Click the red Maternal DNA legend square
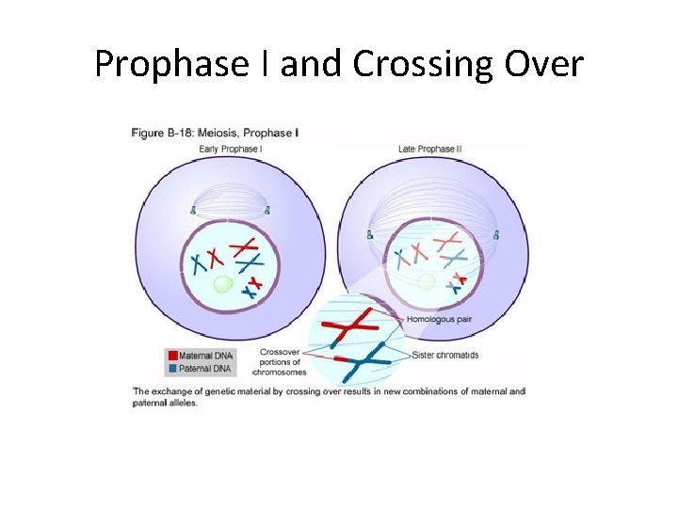pyautogui.click(x=171, y=355)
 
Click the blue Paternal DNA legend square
pyautogui.click(x=171, y=367)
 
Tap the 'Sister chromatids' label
pyautogui.click(x=445, y=355)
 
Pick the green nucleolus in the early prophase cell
pyautogui.click(x=223, y=284)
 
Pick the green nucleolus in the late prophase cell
pyautogui.click(x=427, y=281)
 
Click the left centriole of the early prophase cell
pyautogui.click(x=194, y=211)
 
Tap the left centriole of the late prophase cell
pyautogui.click(x=370, y=232)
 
